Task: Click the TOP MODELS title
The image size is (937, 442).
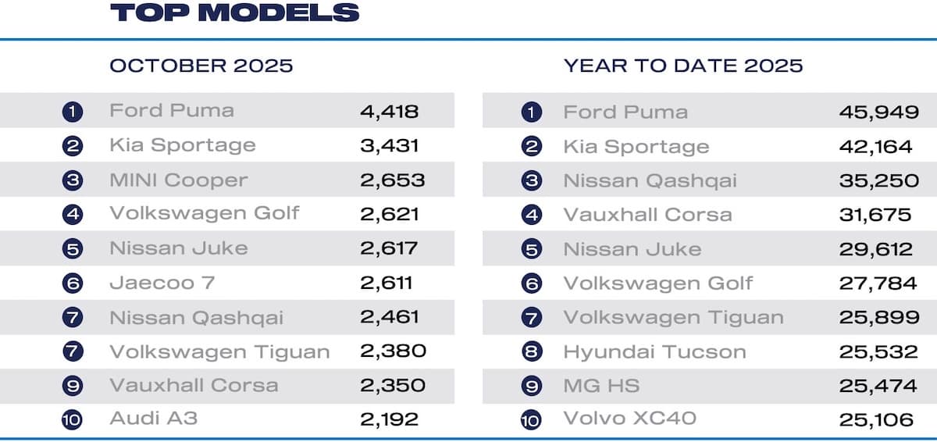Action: coord(234,12)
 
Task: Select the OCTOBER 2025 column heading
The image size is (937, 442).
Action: coord(201,66)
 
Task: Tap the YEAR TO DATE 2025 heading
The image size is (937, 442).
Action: coord(683,66)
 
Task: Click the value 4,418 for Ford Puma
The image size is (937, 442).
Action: coord(390,111)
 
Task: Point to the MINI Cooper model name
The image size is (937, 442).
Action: coord(178,180)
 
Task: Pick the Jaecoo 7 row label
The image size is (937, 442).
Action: coord(162,283)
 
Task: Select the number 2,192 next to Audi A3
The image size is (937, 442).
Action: coord(390,419)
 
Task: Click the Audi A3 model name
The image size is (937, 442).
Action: coord(153,419)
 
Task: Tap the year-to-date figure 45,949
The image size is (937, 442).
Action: coord(878,112)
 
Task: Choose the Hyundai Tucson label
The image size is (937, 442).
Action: coord(654,351)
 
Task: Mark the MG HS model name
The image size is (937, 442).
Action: coord(601,386)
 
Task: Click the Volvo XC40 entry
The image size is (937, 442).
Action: coord(629,419)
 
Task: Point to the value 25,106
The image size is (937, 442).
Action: coord(876,420)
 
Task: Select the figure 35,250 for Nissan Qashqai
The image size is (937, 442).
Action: coord(878,180)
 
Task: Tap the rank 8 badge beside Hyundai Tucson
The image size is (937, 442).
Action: coord(531,352)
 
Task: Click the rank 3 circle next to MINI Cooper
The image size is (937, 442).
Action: coord(73,180)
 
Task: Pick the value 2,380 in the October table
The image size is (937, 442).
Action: coord(393,351)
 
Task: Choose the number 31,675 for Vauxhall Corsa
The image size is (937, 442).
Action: coord(875,215)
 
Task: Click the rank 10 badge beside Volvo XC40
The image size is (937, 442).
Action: coord(531,420)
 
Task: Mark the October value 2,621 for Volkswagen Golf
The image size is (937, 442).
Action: coord(390,214)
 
